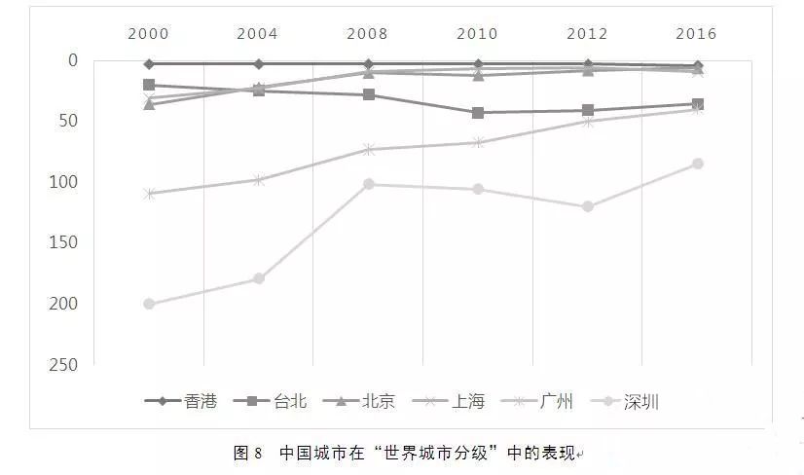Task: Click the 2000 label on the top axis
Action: click(x=148, y=33)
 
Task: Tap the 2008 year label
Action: click(x=367, y=33)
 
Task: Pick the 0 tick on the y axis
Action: click(x=72, y=60)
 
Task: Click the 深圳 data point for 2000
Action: click(x=149, y=304)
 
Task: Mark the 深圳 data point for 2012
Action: click(x=587, y=206)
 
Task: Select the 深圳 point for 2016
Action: click(x=697, y=164)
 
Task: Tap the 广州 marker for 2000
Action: click(x=149, y=194)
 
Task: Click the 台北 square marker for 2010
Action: click(x=478, y=113)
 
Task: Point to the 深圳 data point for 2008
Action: click(x=368, y=184)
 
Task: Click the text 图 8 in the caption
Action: click(x=248, y=453)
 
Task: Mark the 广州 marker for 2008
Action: click(x=368, y=150)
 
